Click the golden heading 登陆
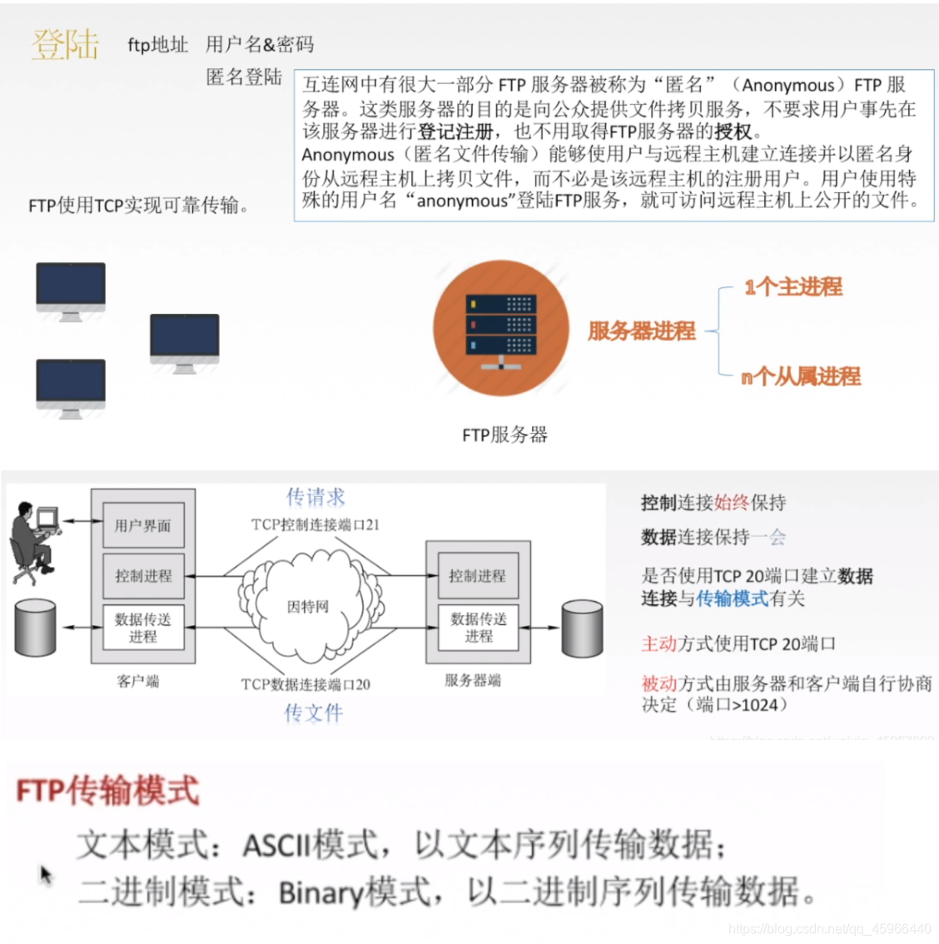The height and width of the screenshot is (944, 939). click(x=65, y=44)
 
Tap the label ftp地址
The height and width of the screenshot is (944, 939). click(x=157, y=45)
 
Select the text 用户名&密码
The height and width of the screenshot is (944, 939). click(x=260, y=45)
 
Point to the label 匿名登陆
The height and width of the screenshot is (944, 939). click(x=244, y=77)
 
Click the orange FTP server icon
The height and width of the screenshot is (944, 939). click(x=500, y=328)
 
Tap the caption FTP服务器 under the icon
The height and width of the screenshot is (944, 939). click(x=504, y=435)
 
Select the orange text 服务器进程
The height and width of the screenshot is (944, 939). click(x=641, y=331)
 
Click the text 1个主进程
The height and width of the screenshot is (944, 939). click(x=793, y=287)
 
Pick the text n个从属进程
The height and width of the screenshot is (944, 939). click(x=801, y=376)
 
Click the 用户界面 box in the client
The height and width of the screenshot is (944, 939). click(x=143, y=526)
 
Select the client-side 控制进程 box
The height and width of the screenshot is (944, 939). click(x=143, y=575)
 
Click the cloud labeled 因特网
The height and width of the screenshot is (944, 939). click(x=308, y=607)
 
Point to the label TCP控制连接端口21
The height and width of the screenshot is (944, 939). click(x=315, y=524)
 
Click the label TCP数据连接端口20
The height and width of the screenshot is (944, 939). click(x=306, y=684)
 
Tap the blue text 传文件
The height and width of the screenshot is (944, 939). click(x=313, y=713)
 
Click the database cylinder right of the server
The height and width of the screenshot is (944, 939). click(x=582, y=629)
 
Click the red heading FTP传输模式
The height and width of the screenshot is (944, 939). click(x=108, y=790)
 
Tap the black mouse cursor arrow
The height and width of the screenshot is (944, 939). click(x=46, y=874)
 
